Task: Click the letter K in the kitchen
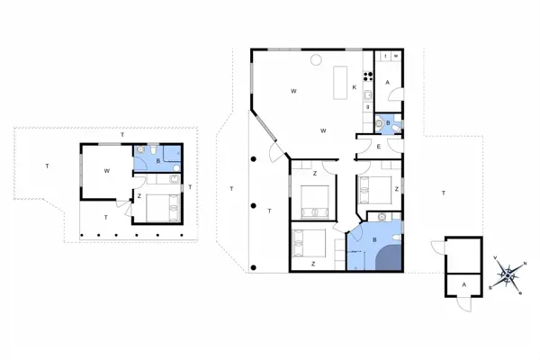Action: coord(355,87)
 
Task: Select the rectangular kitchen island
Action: coord(342,84)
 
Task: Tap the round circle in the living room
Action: coord(316,60)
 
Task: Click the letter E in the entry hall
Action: coord(378,146)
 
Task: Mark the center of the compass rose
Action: coord(508,274)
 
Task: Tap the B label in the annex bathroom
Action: coord(158,162)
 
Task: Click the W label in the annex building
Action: coord(106,169)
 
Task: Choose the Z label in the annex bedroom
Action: coord(139,194)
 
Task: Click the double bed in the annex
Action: coord(163,208)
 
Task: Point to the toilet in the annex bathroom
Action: coord(156,150)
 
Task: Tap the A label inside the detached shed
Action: coord(463,283)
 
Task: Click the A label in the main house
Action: coord(387,83)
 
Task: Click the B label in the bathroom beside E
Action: coord(387,121)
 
